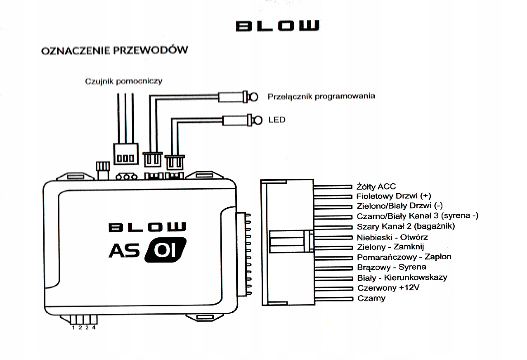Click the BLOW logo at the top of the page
coord(277,26)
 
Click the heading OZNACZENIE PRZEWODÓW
coord(114,51)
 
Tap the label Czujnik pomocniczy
coord(123,81)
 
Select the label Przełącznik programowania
coord(321,97)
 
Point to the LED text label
coord(276,120)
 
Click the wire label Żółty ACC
coord(376,187)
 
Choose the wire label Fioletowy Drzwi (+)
coord(394,196)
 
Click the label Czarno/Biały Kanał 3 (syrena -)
coord(417,216)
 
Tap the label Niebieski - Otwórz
coord(392,237)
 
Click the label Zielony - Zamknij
coord(390,247)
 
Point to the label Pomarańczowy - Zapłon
coord(404,257)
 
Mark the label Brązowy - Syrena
coord(391,267)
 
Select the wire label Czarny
coord(371,298)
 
